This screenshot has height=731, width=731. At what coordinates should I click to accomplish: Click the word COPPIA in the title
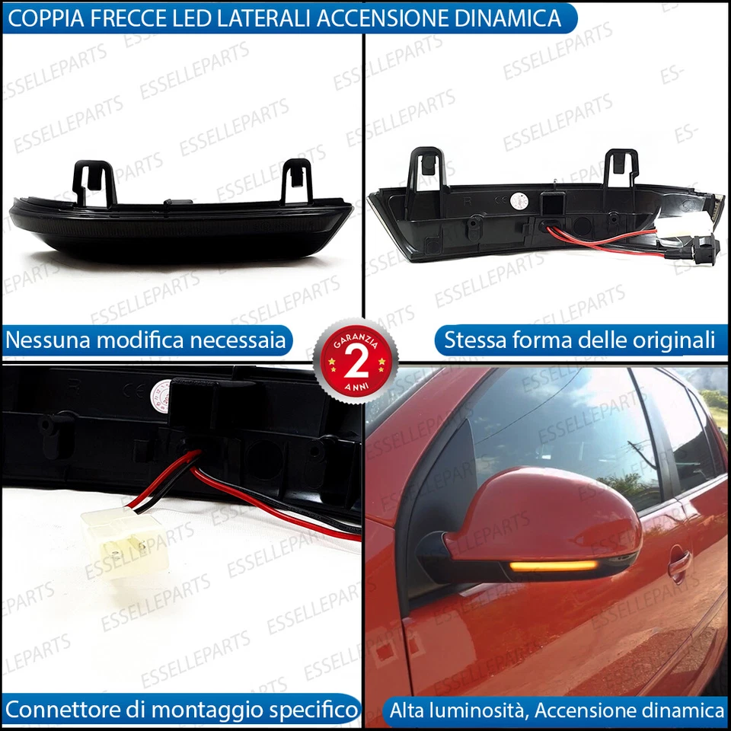(x=44, y=18)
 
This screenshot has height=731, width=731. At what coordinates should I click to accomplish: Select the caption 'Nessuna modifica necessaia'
(x=146, y=340)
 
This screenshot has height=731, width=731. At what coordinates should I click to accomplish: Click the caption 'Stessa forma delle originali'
(x=579, y=340)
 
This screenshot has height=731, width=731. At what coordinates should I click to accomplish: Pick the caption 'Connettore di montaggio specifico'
(x=181, y=710)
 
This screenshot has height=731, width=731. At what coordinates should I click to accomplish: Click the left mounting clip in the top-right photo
(x=426, y=171)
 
